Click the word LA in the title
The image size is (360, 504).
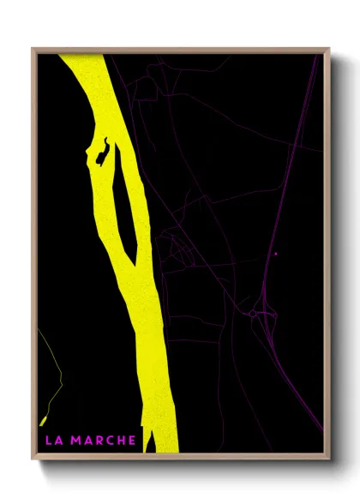coord(52,441)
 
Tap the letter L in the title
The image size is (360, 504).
coord(47,441)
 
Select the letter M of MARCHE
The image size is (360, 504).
coord(75,441)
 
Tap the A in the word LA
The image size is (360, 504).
coord(57,441)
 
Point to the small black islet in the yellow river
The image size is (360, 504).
coord(103,152)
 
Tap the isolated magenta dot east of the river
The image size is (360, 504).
coord(275,254)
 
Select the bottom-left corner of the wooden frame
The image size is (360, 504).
coord(33,459)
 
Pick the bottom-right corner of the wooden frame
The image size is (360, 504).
coord(329,459)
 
